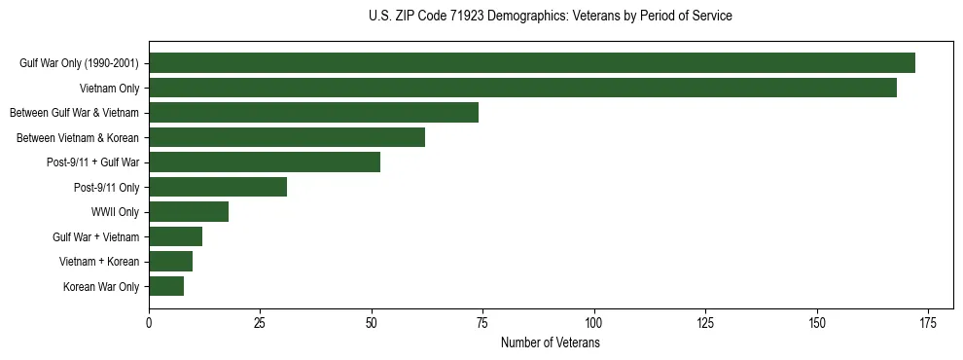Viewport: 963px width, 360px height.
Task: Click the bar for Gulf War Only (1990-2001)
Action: coord(531,63)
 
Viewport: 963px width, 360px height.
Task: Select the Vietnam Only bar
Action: coord(522,88)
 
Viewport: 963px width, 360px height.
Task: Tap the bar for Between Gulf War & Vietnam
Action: coord(313,113)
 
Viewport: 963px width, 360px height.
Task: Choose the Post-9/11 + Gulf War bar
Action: coord(265,162)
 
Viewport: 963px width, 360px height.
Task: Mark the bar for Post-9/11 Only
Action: coord(218,187)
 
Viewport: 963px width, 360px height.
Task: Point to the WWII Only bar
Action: coord(189,212)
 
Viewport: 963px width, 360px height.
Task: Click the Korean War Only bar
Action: coord(166,286)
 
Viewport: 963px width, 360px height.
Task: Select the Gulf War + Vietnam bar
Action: coord(175,236)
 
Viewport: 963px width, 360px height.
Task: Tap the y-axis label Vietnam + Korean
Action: coord(99,262)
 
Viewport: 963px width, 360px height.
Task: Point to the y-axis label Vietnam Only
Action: coord(110,88)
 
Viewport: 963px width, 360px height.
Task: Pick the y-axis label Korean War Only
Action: coord(101,286)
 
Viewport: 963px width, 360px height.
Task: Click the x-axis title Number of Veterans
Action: coord(550,342)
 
